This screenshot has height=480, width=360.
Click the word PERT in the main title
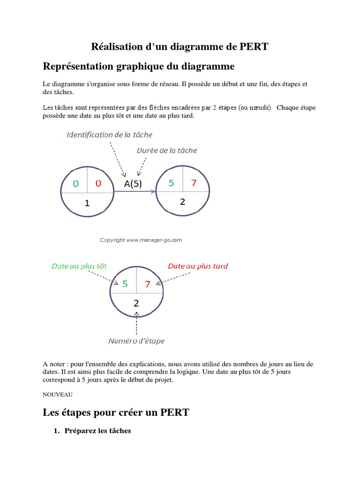point(254,46)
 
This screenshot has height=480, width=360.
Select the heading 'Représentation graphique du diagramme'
point(138,66)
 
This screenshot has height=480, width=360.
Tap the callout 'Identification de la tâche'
point(110,135)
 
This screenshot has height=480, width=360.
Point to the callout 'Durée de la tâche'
point(167,150)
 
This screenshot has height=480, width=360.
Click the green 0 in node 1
point(75,183)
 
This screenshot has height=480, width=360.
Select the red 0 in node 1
point(98,183)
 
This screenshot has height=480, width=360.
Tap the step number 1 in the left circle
point(87,203)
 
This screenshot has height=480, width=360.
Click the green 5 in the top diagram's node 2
point(171,183)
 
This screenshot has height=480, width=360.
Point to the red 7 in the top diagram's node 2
point(194,183)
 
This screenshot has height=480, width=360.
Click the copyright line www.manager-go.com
point(141,240)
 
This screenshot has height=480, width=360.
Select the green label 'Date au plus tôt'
point(79,266)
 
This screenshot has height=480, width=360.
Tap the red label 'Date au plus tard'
point(198,266)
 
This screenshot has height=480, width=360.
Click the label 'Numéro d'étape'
point(136,341)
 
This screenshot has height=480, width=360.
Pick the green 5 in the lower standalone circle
point(125,284)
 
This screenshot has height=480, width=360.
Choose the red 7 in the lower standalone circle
point(148,284)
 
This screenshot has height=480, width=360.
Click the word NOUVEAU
point(58,395)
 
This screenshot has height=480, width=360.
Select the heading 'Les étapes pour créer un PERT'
point(116,412)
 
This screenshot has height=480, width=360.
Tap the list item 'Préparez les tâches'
point(98,431)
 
